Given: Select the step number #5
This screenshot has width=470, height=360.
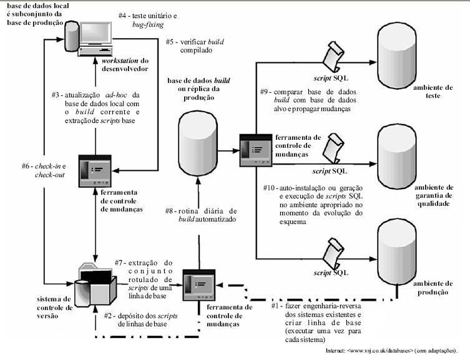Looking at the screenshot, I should (x=172, y=42).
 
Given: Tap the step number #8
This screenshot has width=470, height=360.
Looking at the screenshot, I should (x=169, y=212).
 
